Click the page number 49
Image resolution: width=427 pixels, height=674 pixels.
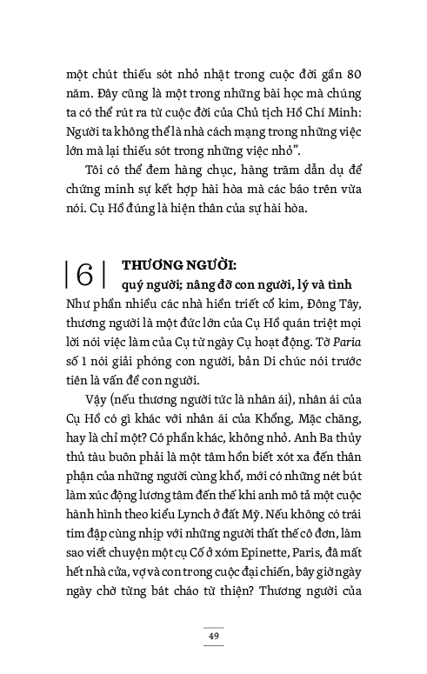213,637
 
